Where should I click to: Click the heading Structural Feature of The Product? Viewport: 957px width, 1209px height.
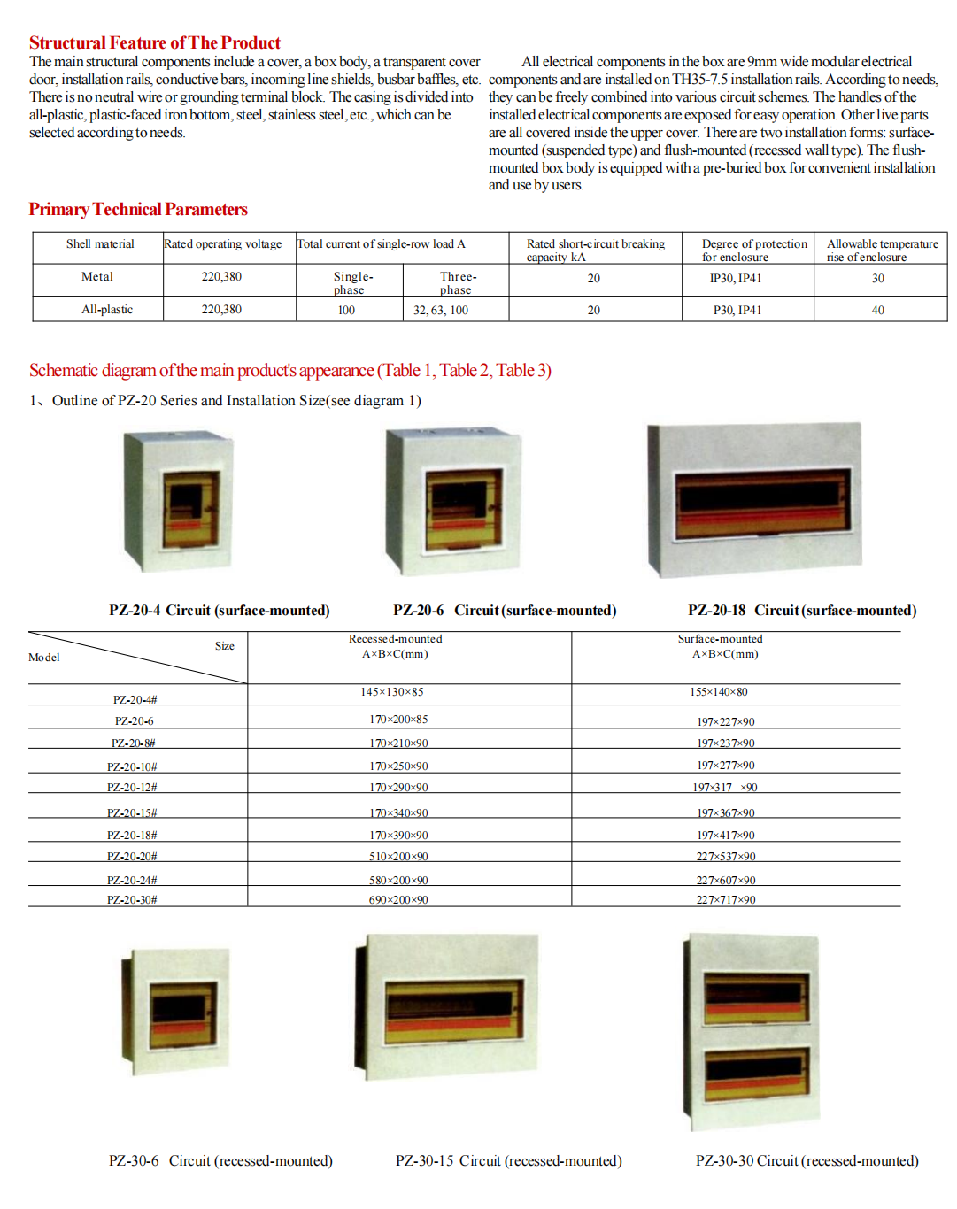pyautogui.click(x=155, y=42)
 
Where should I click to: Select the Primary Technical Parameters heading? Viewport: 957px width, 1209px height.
pyautogui.click(x=138, y=209)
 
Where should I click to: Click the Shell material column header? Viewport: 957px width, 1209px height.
pyautogui.click(x=100, y=244)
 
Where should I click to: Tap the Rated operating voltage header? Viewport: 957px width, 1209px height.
pyautogui.click(x=223, y=244)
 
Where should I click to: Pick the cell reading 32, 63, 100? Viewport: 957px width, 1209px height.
pyautogui.click(x=441, y=310)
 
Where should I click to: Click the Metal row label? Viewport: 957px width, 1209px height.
pyautogui.click(x=97, y=277)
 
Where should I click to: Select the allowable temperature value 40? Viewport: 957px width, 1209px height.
pyautogui.click(x=877, y=310)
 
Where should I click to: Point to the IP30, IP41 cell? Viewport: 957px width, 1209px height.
pyautogui.click(x=735, y=278)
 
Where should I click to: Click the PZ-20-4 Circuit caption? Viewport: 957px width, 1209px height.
pyautogui.click(x=219, y=610)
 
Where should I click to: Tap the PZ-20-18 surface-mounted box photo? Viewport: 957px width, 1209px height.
pyautogui.click(x=755, y=500)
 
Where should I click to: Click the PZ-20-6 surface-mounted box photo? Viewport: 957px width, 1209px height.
pyautogui.click(x=453, y=502)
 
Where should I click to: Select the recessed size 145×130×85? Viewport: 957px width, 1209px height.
pyautogui.click(x=392, y=692)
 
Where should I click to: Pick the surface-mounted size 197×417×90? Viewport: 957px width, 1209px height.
pyautogui.click(x=726, y=835)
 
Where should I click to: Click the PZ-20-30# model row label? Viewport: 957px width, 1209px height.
pyautogui.click(x=132, y=899)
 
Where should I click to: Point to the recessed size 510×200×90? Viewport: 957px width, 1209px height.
pyautogui.click(x=398, y=856)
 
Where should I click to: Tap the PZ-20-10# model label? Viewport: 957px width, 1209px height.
pyautogui.click(x=132, y=766)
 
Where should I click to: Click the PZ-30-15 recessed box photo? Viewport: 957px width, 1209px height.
pyautogui.click(x=448, y=1005)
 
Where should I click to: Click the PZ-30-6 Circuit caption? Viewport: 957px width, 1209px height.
pyautogui.click(x=220, y=1160)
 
